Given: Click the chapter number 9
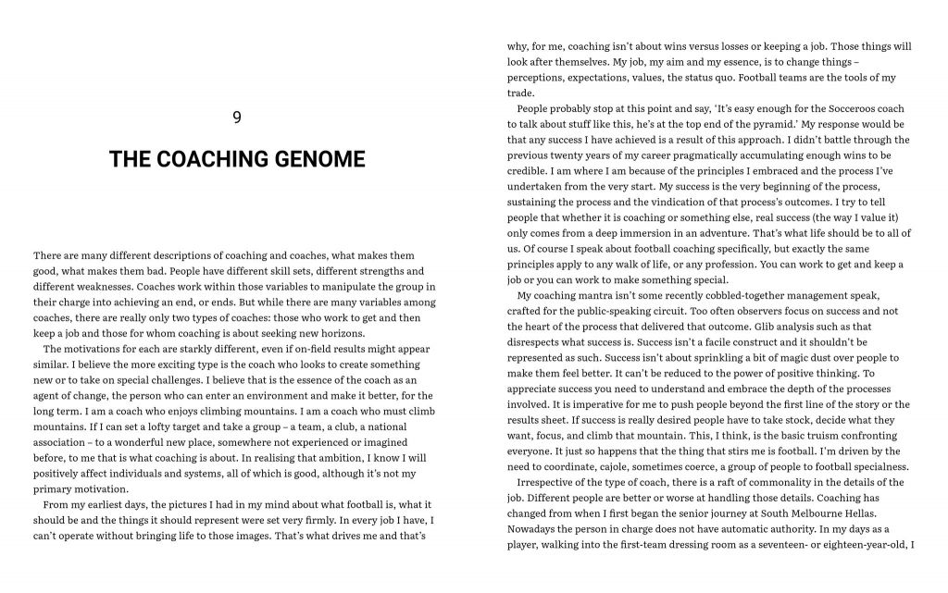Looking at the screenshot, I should pyautogui.click(x=237, y=117).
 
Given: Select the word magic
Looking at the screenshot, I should pyautogui.click(x=766, y=357).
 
